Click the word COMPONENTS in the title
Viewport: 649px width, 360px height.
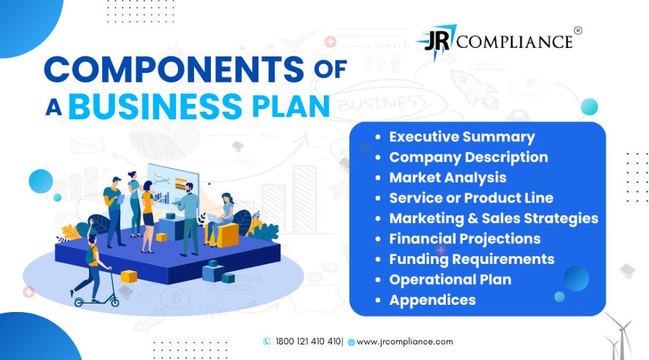point(174,69)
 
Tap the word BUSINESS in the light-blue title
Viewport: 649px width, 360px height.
point(155,106)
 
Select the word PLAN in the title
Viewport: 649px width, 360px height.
point(291,106)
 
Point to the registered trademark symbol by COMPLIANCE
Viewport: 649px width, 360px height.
point(578,30)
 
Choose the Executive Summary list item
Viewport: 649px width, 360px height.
point(462,137)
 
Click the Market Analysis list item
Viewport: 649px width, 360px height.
point(448,178)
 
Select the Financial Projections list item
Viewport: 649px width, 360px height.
point(465,239)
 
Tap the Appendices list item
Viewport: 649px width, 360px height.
point(432,300)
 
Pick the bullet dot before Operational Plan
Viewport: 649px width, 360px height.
point(378,280)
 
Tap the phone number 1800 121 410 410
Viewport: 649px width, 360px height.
point(308,341)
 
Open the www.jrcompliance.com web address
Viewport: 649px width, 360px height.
point(405,342)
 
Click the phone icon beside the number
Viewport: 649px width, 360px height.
point(267,341)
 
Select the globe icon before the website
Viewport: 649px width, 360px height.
point(351,342)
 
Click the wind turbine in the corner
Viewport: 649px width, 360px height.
point(619,336)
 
